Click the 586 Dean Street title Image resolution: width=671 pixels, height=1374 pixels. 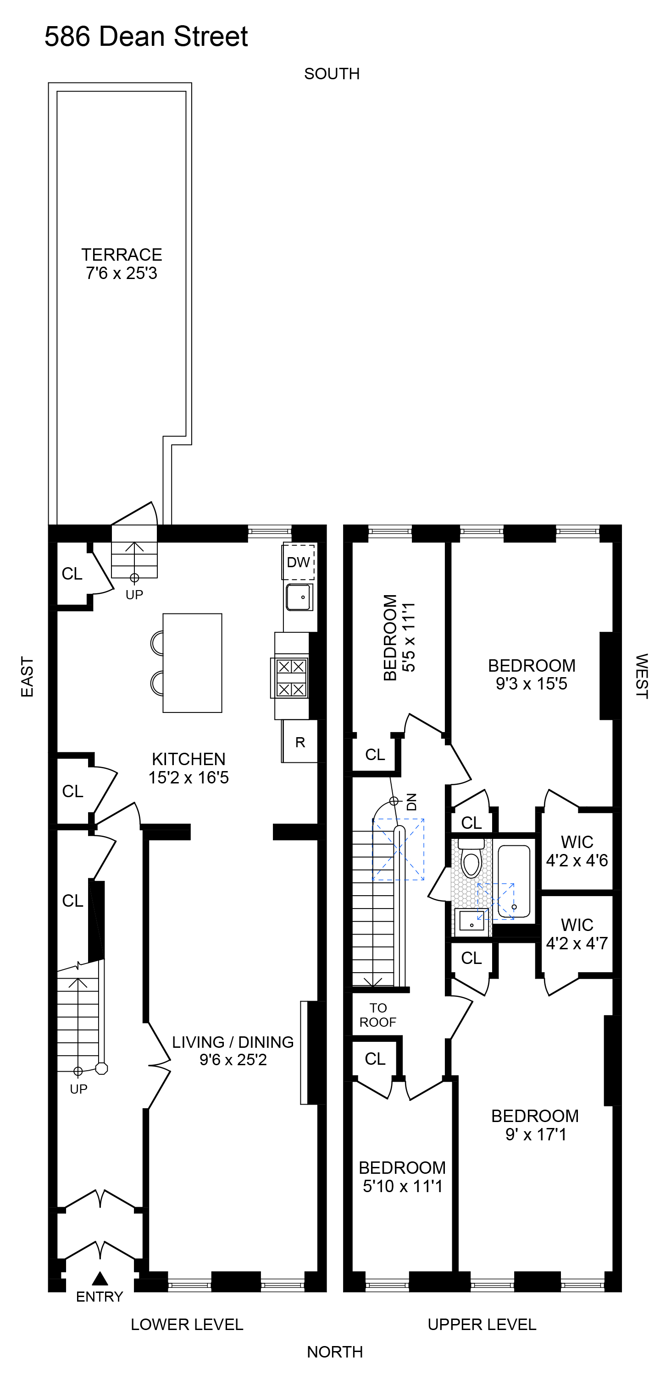click(146, 37)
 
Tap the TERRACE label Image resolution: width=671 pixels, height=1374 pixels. click(122, 255)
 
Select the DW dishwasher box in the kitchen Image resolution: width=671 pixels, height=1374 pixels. click(299, 562)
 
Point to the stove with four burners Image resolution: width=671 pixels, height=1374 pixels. click(291, 678)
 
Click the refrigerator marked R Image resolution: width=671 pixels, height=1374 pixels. click(300, 741)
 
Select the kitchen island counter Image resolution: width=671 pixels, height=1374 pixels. click(192, 662)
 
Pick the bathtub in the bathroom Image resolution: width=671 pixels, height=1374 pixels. click(514, 881)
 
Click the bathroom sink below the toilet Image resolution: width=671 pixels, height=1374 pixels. click(471, 922)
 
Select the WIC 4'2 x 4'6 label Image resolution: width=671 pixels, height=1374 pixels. click(577, 851)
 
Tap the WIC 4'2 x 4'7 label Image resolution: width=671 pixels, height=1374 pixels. click(577, 934)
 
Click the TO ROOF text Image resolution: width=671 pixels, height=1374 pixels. click(378, 1015)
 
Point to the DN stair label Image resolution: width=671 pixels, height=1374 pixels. click(411, 802)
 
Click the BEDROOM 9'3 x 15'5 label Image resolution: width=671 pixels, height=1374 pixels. click(532, 674)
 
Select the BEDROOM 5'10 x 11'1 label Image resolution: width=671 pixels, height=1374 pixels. click(402, 1177)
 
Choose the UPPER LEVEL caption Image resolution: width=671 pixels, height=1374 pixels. click(482, 1325)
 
